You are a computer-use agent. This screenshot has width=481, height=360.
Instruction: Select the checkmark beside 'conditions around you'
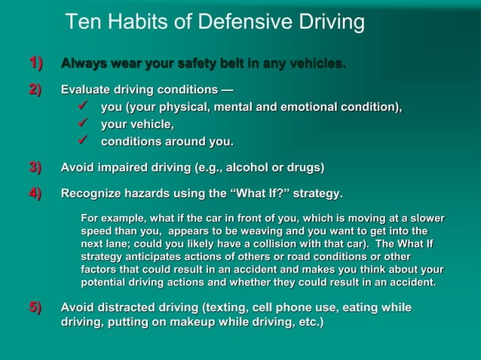[84, 141]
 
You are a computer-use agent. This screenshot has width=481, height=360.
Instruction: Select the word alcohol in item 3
[253, 166]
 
